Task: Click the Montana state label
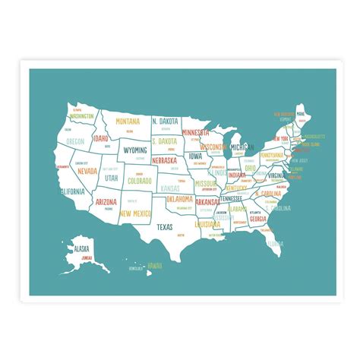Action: click(128, 120)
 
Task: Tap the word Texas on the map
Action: click(165, 226)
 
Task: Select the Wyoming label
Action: click(135, 150)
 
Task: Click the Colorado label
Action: click(140, 182)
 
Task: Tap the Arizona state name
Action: click(106, 202)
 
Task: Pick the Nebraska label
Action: click(164, 160)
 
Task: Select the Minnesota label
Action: click(195, 132)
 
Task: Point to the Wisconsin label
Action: click(214, 147)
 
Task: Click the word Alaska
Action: click(81, 248)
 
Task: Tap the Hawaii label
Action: click(155, 265)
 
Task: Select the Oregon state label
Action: click(75, 141)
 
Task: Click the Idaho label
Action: click(100, 138)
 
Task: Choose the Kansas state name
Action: click(170, 188)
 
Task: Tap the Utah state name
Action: click(112, 178)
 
